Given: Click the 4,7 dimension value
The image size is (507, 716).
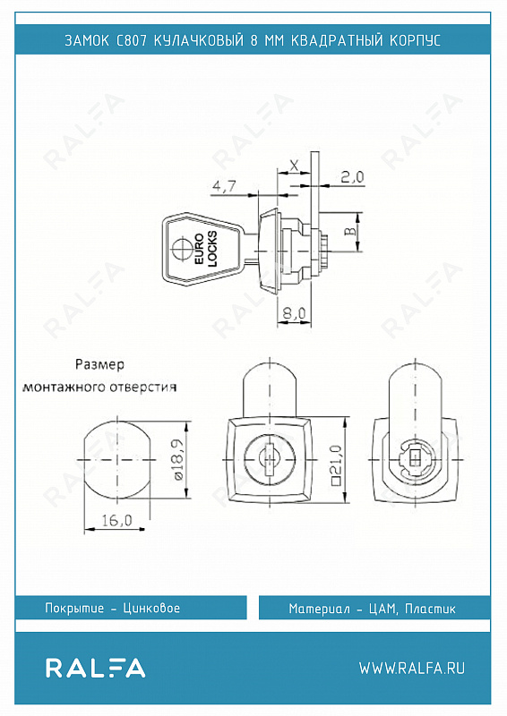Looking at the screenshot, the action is [224, 186].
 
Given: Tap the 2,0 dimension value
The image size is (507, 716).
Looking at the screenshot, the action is [353, 176].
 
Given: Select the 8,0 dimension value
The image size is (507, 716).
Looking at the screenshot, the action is [294, 313].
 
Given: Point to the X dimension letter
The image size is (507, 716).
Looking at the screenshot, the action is [295, 165].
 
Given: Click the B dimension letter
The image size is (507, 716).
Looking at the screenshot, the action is [349, 231].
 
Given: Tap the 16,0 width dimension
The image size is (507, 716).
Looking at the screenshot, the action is [117, 520].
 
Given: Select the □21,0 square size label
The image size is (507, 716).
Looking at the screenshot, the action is [337, 465].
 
